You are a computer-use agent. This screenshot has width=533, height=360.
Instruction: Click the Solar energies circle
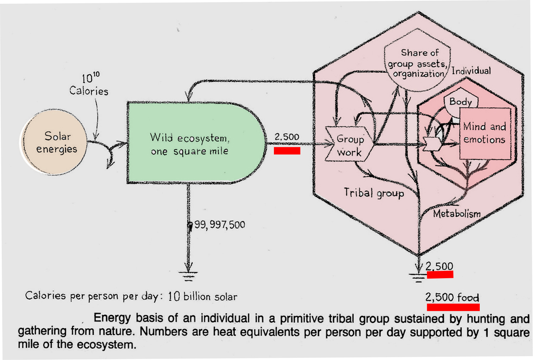(56, 142)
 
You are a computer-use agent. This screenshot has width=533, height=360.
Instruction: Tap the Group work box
(349, 146)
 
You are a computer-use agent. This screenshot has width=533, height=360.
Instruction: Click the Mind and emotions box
(485, 133)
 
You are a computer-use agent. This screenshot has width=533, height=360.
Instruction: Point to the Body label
(460, 102)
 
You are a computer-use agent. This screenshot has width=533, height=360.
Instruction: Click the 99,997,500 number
(219, 225)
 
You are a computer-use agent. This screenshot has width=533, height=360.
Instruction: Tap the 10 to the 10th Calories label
(89, 85)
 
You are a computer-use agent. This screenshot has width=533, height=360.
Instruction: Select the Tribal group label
(374, 193)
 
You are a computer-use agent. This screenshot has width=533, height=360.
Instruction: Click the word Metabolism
(457, 213)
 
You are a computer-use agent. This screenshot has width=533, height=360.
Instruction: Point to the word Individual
(471, 71)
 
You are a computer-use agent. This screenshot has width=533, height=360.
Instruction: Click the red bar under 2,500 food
(453, 307)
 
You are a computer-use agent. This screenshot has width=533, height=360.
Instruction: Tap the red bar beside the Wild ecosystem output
(287, 151)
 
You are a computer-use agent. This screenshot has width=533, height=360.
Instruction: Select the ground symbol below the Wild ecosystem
(188, 274)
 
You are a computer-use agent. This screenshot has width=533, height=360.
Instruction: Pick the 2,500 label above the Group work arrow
(287, 137)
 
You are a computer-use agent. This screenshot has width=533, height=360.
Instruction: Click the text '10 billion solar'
(202, 297)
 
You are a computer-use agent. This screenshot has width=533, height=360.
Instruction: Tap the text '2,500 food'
(452, 297)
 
